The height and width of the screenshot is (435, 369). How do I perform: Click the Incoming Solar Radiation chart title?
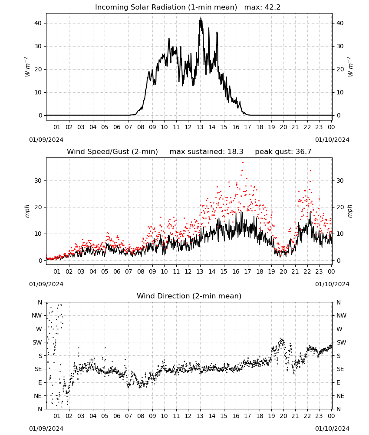[166, 7]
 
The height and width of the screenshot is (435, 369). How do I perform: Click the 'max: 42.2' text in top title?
[263, 7]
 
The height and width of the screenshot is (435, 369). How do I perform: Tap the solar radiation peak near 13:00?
[201, 19]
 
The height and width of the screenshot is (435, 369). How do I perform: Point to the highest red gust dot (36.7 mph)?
[243, 162]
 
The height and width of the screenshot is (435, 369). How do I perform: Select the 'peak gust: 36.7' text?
[283, 152]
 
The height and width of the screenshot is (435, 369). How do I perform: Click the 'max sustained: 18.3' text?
[207, 152]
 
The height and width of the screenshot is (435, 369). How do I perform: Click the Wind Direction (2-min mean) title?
[189, 296]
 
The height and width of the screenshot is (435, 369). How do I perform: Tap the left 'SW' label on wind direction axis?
[37, 342]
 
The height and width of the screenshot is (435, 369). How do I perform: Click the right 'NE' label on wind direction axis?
[340, 396]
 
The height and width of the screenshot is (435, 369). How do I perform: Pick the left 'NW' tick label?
[37, 316]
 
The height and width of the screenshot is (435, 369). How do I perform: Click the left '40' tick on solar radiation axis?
[38, 23]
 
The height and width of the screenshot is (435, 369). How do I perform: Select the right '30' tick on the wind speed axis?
[340, 181]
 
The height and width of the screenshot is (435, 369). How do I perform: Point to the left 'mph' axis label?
[27, 211]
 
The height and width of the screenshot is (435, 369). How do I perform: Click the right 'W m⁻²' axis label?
[350, 67]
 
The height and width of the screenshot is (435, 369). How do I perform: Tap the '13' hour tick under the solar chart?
[200, 127]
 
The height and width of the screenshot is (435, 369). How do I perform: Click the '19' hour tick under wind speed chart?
[271, 271]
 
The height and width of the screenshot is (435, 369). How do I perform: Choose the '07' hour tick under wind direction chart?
[128, 416]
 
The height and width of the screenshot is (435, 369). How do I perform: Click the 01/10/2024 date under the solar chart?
[332, 140]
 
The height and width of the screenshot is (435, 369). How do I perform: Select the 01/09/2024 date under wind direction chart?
[46, 428]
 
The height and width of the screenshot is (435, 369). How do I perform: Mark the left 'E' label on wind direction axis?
[40, 382]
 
